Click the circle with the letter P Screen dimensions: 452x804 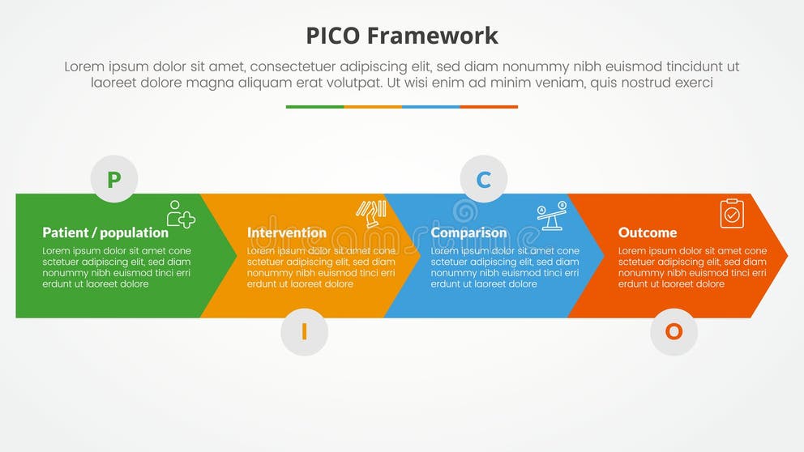114,178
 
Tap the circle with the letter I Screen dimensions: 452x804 304,331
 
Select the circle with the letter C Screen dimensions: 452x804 484,179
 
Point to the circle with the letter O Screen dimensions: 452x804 674,331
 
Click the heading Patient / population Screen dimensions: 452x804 105,232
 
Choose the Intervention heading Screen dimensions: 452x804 287,232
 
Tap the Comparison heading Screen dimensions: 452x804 468,232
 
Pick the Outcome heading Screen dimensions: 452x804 648,232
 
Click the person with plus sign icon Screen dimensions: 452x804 180,214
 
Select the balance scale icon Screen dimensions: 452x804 550,215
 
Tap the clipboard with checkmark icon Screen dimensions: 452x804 732,213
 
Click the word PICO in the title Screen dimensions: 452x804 333,36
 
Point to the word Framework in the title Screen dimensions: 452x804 432,36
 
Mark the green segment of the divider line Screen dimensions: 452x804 314,106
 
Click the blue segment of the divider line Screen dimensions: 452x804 430,106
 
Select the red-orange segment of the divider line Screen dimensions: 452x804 489,106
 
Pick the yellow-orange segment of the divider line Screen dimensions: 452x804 373,106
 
